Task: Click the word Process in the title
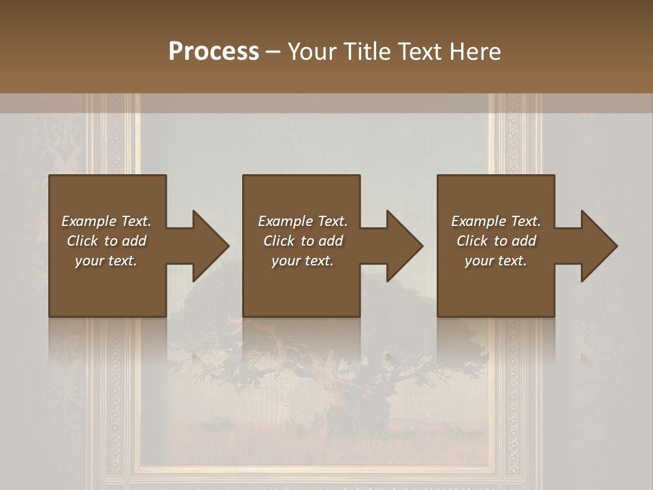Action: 214,52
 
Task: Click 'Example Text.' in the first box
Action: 106,221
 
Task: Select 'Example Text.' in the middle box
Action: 303,221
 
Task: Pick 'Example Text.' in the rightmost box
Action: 496,221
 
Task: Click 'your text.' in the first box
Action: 106,261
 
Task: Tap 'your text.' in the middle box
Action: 303,261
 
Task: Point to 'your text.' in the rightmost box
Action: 496,261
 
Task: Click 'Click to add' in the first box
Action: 106,241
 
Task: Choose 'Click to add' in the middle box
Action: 303,241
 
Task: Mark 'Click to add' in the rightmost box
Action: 496,241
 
